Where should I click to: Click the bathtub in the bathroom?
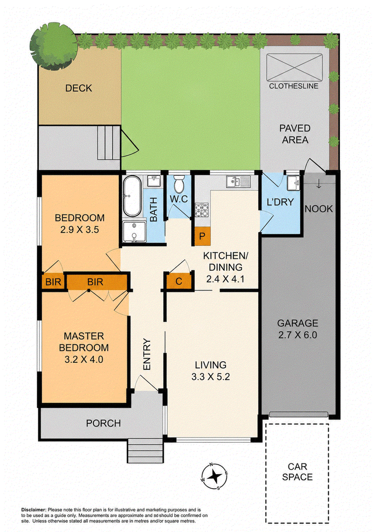click(132, 196)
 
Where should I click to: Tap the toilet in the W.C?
click(179, 184)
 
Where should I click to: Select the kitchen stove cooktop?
click(202, 210)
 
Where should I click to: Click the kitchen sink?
click(238, 181)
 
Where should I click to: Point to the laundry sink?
click(293, 183)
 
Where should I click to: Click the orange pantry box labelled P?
click(202, 236)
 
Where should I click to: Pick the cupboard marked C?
click(179, 281)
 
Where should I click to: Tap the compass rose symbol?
click(214, 477)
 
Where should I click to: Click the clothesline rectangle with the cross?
click(294, 67)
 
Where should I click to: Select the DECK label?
click(79, 88)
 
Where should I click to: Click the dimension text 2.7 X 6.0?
click(297, 335)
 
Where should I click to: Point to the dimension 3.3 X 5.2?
click(211, 377)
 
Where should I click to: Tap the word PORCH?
click(104, 423)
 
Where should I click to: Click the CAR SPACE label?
click(297, 472)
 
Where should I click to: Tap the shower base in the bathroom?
click(134, 232)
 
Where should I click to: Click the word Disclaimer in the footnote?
click(34, 510)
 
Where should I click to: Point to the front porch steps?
click(145, 451)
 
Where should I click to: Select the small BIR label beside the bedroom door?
click(53, 282)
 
